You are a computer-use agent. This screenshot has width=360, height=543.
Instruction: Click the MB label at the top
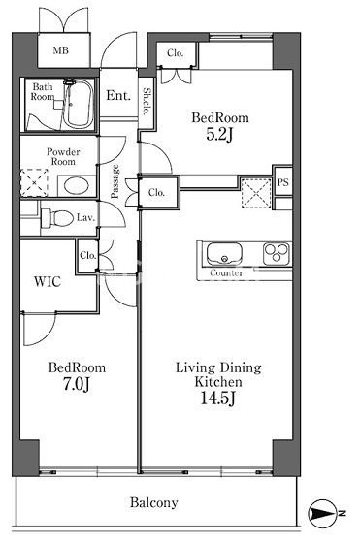coord(60,50)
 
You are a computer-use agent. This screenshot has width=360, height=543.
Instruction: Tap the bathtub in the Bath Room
coord(79,103)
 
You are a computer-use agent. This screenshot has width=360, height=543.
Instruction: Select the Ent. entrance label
coord(118,95)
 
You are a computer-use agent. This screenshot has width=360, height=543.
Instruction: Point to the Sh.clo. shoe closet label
coord(147,102)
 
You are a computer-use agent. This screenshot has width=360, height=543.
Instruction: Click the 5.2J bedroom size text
coord(219,135)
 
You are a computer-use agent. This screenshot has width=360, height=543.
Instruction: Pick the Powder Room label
coord(63,156)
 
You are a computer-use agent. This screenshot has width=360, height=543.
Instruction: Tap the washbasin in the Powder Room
coord(77,185)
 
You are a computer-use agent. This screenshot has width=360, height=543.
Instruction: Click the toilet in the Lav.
coord(57,218)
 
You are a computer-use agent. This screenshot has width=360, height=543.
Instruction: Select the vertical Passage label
coord(115,180)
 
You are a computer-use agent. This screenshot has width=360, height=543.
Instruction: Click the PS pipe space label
coord(282,182)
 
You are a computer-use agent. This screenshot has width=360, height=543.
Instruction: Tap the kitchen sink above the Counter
coord(224,253)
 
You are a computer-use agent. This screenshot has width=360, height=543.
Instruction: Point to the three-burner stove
coord(277,253)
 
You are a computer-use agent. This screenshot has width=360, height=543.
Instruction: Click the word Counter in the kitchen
coord(226,272)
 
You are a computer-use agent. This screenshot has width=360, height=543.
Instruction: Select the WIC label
coord(48,281)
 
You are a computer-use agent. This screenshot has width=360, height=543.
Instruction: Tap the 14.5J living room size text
coord(218,399)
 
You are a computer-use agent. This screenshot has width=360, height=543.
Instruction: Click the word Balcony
coord(154,502)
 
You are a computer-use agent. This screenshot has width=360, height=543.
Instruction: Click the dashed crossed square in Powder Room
coord(34,183)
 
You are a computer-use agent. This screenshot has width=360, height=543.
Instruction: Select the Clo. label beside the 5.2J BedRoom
coord(175,53)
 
